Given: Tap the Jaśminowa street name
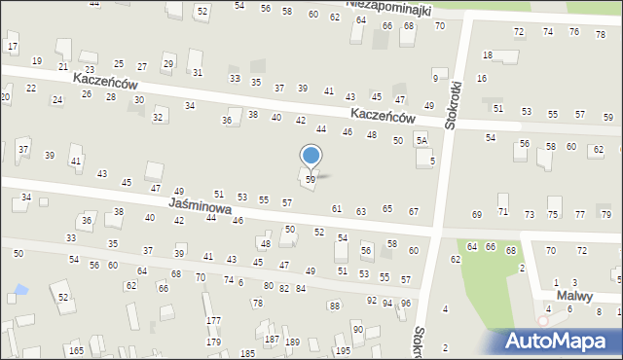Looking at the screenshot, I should tap(199, 206).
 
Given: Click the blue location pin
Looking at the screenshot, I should tap(311, 157).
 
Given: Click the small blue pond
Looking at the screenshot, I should tap(19, 290).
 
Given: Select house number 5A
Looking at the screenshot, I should tap(421, 141).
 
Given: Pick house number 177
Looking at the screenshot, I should tap(213, 320).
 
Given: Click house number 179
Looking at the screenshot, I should tap(213, 342).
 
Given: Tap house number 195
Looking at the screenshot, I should tap(343, 350).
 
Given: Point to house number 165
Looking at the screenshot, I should tap(76, 350).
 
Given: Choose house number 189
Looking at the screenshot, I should tap(292, 342).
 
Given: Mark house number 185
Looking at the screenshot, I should tap(247, 352).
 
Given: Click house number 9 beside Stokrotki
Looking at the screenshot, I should tap(435, 78).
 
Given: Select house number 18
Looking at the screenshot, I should tap(488, 55).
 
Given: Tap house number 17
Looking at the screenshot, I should tap(13, 46).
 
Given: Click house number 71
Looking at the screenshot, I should tap(503, 211).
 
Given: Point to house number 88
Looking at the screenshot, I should tap(334, 306).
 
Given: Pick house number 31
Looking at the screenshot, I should tap(198, 72).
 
